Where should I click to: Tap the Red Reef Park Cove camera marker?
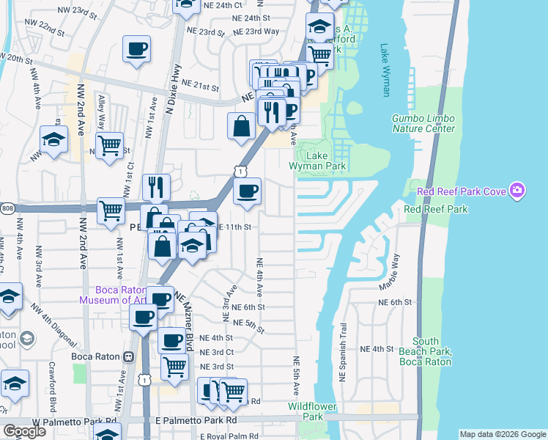coord(517,191)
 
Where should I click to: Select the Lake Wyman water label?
coord(385,70)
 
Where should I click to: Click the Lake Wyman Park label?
coord(326,161)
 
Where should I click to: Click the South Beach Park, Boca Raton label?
coord(431,351)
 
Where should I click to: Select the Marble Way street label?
coord(396,270)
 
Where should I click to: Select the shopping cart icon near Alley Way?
coord(109,144)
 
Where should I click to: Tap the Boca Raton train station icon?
coord(128,356)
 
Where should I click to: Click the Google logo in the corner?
coord(25,431)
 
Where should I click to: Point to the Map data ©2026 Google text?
coord(503,434)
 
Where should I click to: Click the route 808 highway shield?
coord(4,208)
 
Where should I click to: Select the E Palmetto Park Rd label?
coord(190,421)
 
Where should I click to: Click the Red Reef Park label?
coord(436,209)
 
